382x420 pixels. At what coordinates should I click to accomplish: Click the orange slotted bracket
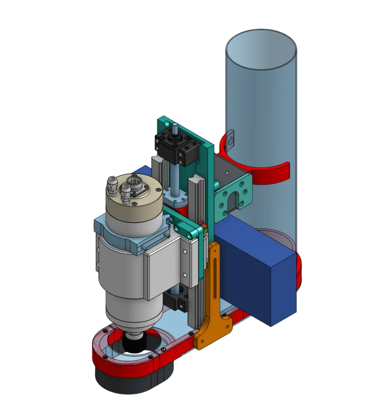(x=214, y=306)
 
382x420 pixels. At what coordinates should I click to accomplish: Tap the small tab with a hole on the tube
(x=231, y=137)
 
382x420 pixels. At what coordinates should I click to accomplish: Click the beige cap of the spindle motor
(x=131, y=206)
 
